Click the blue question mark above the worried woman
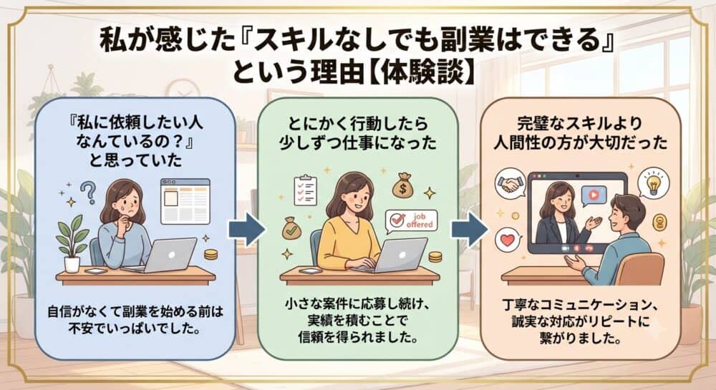click(88, 192)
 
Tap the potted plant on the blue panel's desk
click(72, 243)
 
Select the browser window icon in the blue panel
click(185, 201)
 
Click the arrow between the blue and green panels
click(246, 229)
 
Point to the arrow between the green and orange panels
click(470, 229)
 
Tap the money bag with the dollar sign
click(402, 185)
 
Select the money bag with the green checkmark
click(291, 228)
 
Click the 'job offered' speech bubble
click(411, 221)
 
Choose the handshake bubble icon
click(511, 184)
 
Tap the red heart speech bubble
click(508, 240)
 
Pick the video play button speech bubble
click(594, 196)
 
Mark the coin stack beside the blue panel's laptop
click(211, 254)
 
